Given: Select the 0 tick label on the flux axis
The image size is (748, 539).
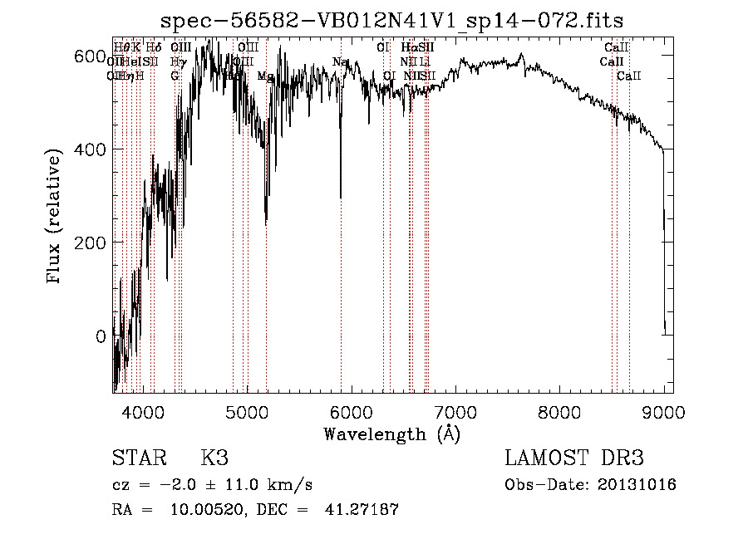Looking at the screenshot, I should pyautogui.click(x=100, y=336).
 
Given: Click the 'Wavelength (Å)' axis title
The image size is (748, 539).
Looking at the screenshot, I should pyautogui.click(x=391, y=434).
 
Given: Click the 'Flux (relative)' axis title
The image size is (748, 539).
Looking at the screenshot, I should pyautogui.click(x=56, y=218).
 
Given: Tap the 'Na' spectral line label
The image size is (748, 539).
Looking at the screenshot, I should pyautogui.click(x=339, y=62).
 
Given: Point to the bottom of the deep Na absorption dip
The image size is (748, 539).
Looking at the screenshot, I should pyautogui.click(x=341, y=197).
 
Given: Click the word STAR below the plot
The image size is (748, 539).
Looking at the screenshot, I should pyautogui.click(x=138, y=458).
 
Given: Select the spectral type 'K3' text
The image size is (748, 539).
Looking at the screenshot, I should pyautogui.click(x=214, y=458).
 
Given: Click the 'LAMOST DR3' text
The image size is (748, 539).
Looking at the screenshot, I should pyautogui.click(x=574, y=458).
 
